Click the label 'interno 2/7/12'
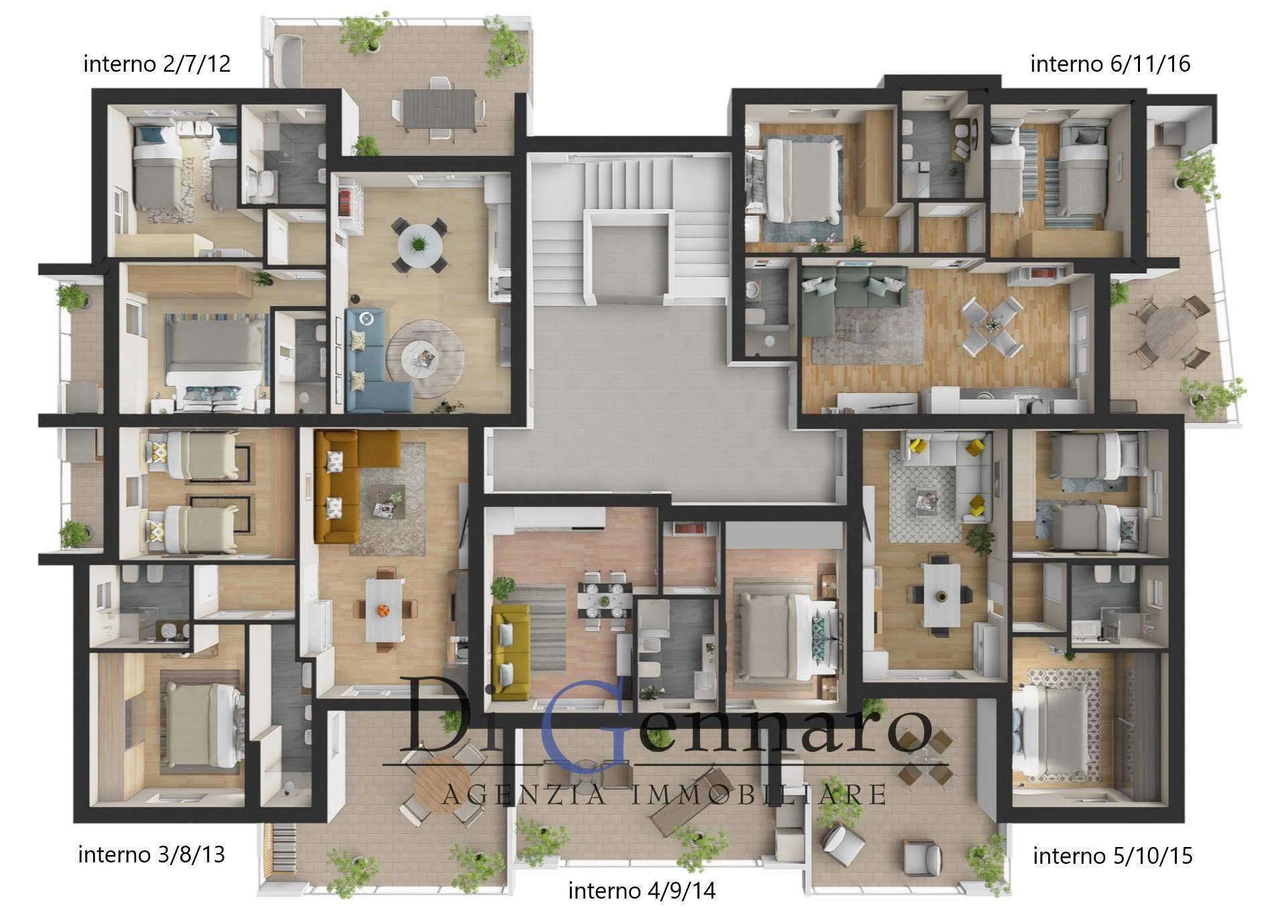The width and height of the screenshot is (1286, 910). (157, 64)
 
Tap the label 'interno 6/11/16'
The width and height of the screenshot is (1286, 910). (1110, 64)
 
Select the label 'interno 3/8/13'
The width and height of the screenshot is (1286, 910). (151, 855)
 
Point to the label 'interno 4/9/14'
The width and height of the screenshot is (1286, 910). (642, 891)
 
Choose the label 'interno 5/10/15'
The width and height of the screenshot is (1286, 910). (1113, 856)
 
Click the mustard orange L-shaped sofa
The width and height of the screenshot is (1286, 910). (348, 477)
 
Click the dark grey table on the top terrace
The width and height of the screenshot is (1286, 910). (443, 109)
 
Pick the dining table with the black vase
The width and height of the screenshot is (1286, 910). (941, 594)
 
